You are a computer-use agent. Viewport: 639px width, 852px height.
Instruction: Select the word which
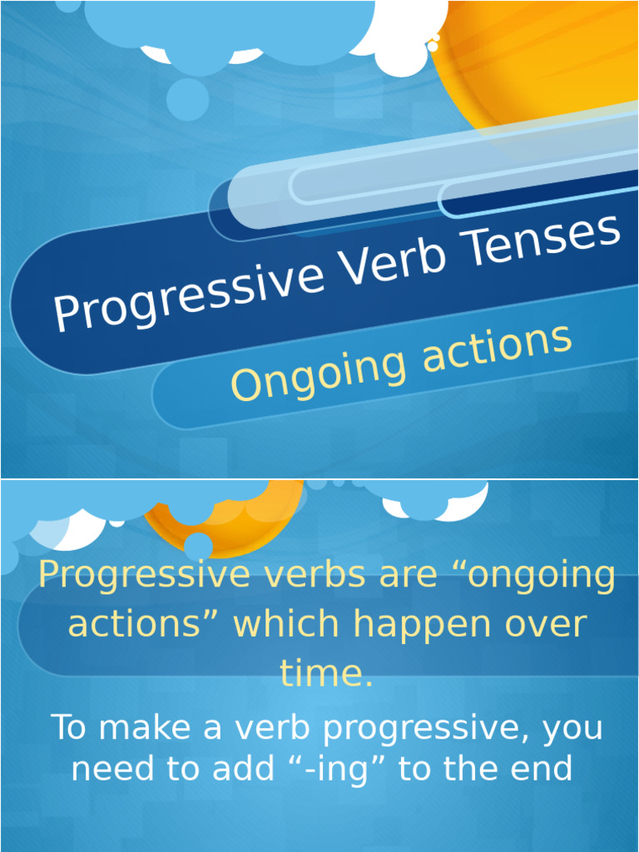287,624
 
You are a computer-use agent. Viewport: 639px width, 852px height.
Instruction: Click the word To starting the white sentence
69,728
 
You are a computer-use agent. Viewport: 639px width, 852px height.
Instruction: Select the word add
242,769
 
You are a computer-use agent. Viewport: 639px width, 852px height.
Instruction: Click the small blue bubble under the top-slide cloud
187,99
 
